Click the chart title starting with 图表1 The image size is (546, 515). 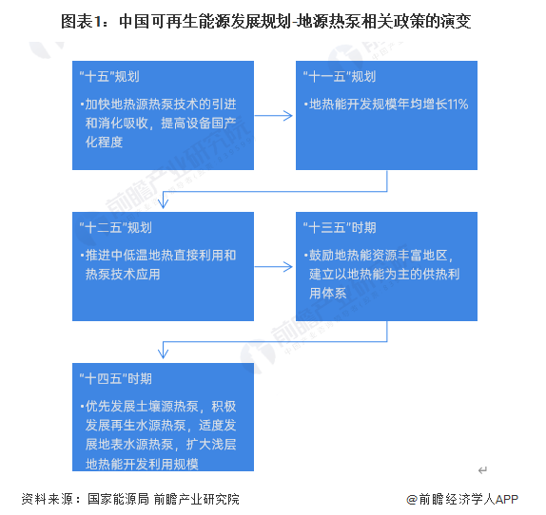(x=266, y=22)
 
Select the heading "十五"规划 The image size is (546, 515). (x=109, y=77)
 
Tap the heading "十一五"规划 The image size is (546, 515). (x=340, y=77)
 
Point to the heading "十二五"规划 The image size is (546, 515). (x=116, y=228)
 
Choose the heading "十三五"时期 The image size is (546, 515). (x=340, y=228)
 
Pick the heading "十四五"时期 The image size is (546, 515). (x=116, y=379)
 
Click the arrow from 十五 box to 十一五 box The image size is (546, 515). (x=274, y=116)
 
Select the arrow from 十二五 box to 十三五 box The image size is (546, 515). (x=274, y=267)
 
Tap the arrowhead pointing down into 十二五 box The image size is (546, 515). (x=163, y=203)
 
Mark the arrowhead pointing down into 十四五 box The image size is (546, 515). (x=163, y=354)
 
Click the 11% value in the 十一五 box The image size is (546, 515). (x=458, y=105)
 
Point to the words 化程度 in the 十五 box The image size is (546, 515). (x=104, y=142)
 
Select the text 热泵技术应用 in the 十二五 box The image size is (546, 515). (x=123, y=275)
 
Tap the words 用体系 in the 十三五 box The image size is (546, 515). (x=327, y=294)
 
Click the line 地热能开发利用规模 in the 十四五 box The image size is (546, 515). (x=142, y=464)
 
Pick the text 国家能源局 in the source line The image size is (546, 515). (x=118, y=499)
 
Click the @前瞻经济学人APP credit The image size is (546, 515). (x=462, y=500)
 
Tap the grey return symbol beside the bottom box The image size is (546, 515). (x=482, y=470)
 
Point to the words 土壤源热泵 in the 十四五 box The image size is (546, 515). (x=166, y=407)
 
